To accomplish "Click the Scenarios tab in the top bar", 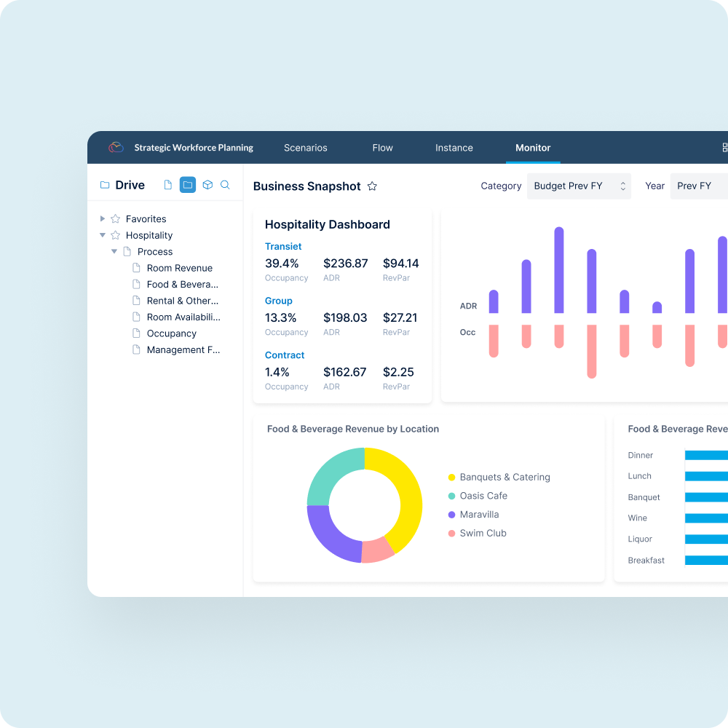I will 306,148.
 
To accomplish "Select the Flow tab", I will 382,148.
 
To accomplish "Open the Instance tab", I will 454,148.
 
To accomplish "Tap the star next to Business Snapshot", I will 372,186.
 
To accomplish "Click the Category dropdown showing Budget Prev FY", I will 579,186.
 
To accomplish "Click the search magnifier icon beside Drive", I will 226,185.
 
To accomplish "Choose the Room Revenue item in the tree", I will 179,268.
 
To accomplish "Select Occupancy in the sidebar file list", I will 171,333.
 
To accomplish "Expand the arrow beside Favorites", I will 103,218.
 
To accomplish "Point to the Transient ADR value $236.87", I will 346,264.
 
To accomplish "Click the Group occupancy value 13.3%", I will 281,318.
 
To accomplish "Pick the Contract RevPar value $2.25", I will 398,373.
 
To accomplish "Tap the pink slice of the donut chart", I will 378,550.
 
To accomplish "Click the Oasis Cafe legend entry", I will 483,496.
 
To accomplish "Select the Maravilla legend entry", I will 478,515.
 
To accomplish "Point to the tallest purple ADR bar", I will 559,269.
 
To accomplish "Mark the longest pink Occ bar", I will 592,351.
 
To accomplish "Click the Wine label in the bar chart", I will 637,518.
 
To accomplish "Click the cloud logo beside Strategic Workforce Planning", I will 116,148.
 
